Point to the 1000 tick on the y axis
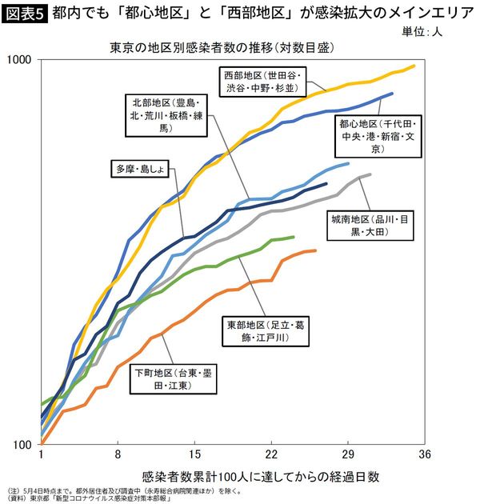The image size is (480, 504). point(22,60)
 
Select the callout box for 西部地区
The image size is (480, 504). point(262,81)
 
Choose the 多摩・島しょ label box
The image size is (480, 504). point(139,169)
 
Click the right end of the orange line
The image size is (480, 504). point(316,250)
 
